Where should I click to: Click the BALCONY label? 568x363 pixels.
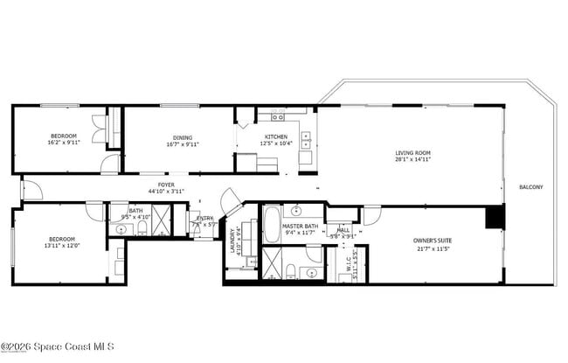pyautogui.click(x=530, y=187)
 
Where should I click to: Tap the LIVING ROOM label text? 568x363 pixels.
pyautogui.click(x=412, y=153)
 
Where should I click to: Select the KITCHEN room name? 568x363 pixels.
pyautogui.click(x=275, y=136)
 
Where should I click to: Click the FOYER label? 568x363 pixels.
pyautogui.click(x=167, y=185)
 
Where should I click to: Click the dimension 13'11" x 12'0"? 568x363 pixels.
pyautogui.click(x=61, y=246)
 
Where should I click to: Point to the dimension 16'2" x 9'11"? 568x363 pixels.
pyautogui.click(x=63, y=143)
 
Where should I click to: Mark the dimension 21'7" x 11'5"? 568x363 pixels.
pyautogui.click(x=432, y=248)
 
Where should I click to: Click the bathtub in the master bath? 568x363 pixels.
pyautogui.click(x=272, y=224)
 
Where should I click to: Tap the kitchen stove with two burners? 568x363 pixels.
pyautogui.click(x=277, y=116)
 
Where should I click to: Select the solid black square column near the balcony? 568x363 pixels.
pyautogui.click(x=495, y=217)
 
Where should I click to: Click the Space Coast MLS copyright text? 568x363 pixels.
pyautogui.click(x=57, y=346)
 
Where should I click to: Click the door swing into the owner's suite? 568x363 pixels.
pyautogui.click(x=372, y=214)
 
